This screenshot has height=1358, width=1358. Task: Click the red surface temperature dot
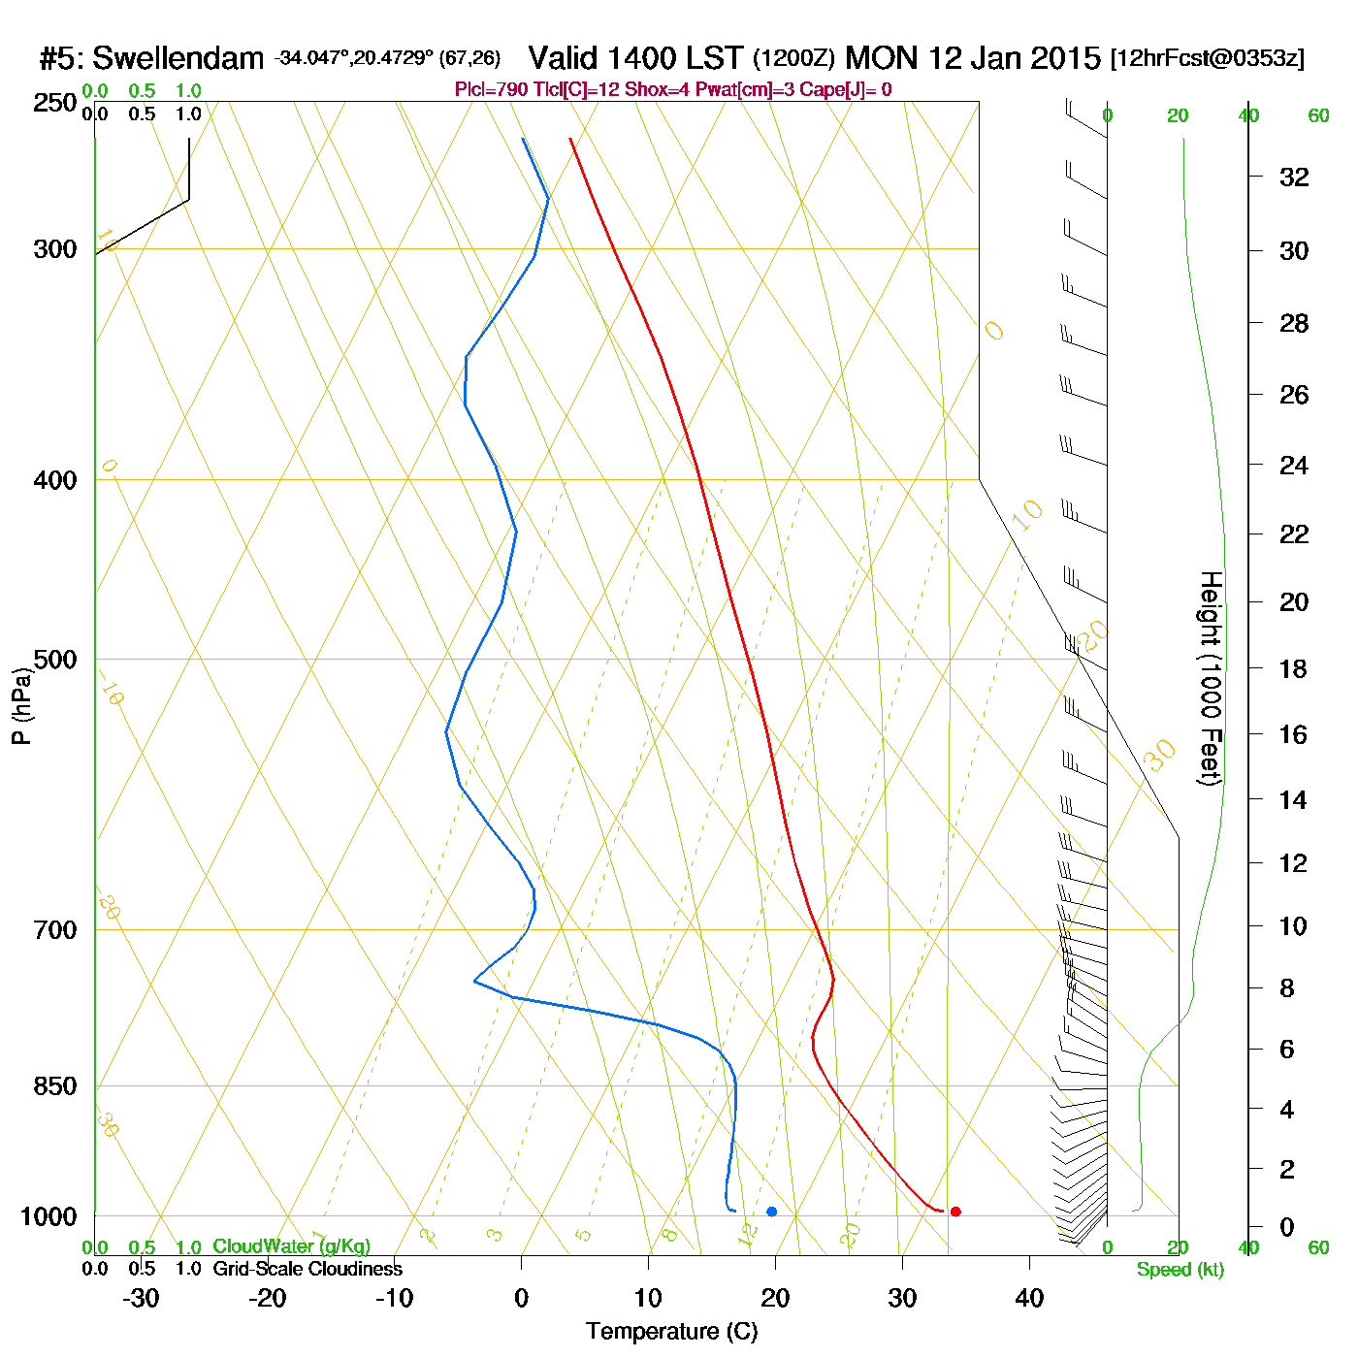click(955, 1212)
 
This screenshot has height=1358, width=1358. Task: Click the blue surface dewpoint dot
click(772, 1212)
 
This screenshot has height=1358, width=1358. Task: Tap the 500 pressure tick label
click(55, 660)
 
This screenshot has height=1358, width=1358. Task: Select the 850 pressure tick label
click(55, 1085)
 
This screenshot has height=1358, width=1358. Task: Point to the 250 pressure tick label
click(55, 102)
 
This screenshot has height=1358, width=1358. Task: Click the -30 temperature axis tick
click(141, 1298)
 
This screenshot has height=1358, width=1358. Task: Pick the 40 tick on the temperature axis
click(1029, 1298)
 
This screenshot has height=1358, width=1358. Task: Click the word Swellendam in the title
click(178, 59)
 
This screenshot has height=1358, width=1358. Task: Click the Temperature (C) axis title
click(671, 1332)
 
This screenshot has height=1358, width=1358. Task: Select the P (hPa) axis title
click(21, 705)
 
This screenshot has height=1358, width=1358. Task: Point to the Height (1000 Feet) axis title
click(1210, 678)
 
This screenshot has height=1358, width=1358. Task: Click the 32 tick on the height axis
click(1294, 177)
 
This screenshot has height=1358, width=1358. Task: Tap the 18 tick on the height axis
click(1294, 668)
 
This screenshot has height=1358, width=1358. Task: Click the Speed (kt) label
click(1180, 1270)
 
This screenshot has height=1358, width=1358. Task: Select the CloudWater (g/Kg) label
click(291, 1246)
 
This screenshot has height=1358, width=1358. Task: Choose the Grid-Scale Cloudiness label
click(307, 1269)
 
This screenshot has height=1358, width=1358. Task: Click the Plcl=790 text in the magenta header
click(492, 90)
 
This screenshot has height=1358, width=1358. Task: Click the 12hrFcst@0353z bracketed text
click(1207, 58)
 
